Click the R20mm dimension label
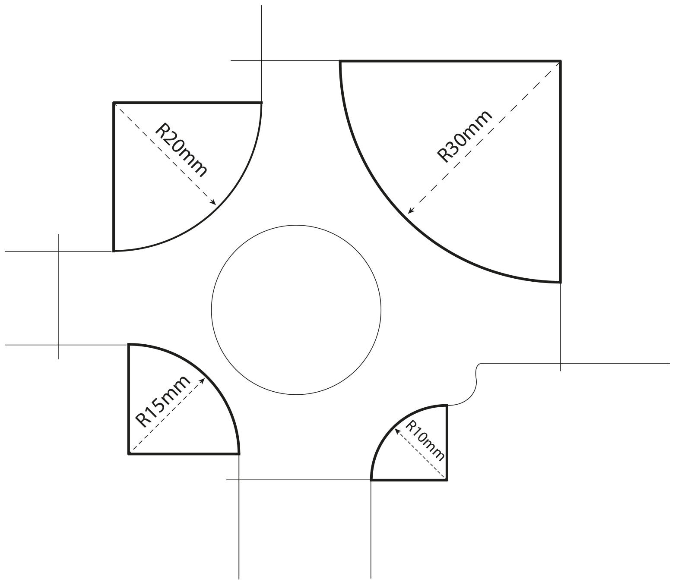pos(181,150)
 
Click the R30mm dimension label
pos(465,136)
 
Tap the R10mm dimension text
pos(425,440)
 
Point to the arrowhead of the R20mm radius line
pos(214,202)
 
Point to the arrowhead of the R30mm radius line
pos(410,211)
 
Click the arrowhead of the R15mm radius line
pos(203,381)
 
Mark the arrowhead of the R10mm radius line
pos(398,431)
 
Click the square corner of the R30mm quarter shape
pos(561,61)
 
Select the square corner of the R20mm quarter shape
pos(114,103)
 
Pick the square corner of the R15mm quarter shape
pos(129,454)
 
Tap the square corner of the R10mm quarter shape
pos(447,480)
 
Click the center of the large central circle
pos(296,310)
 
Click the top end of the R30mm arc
pos(340,61)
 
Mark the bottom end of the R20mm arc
pos(114,251)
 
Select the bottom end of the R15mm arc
pos(239,454)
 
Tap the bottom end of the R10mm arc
pos(371,480)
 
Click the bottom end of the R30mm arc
pos(561,282)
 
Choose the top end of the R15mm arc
pos(129,344)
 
